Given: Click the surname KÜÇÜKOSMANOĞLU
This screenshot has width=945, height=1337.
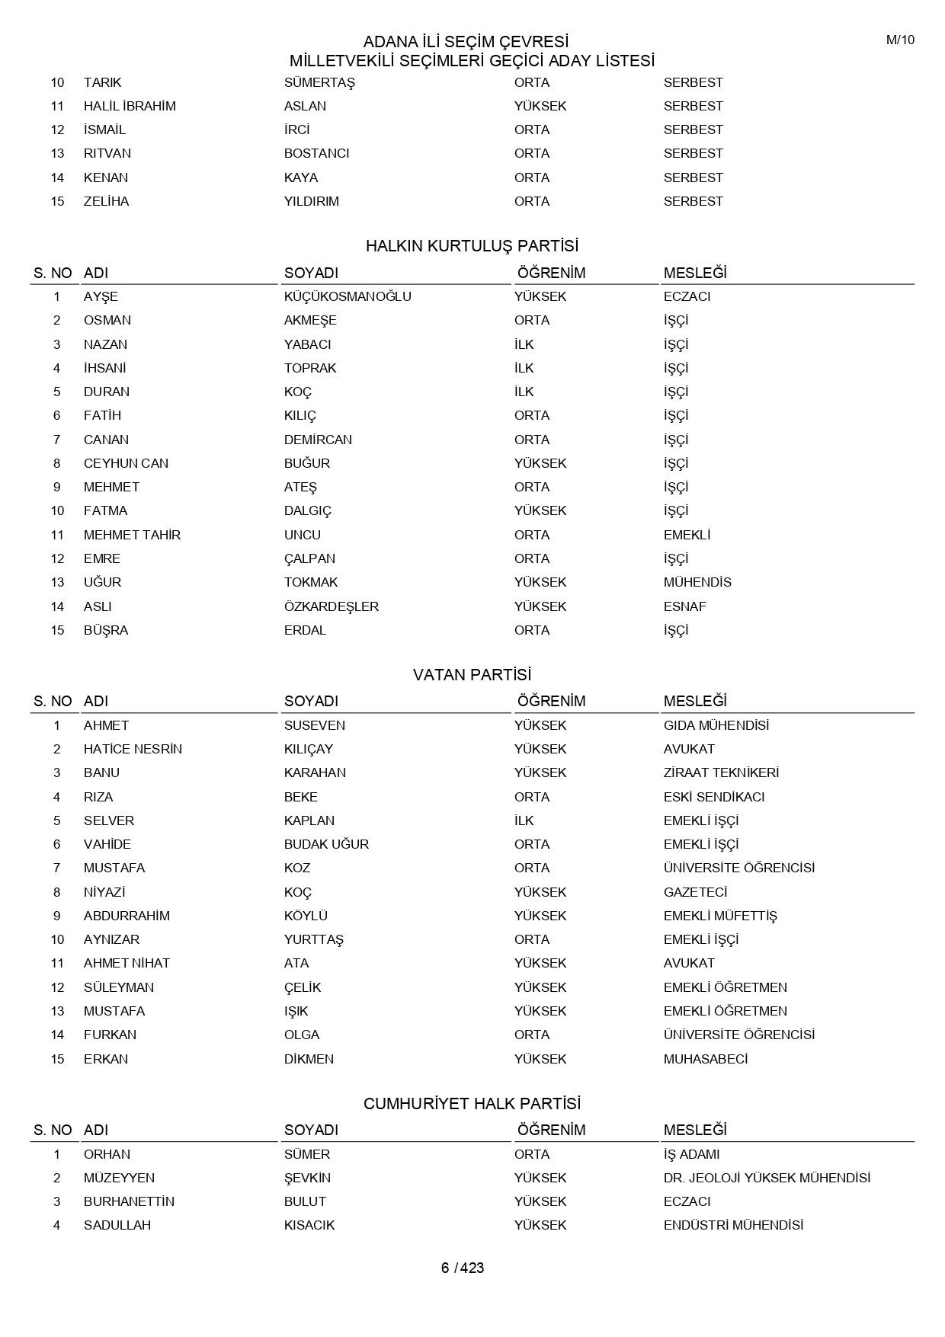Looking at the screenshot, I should click(x=348, y=296).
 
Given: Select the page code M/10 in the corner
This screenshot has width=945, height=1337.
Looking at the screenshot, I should click(x=900, y=40).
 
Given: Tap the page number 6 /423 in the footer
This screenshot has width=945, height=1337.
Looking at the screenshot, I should click(x=463, y=1268).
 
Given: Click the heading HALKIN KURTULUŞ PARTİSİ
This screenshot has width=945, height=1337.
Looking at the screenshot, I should click(x=472, y=246).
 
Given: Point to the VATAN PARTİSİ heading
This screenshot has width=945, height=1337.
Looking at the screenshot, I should click(x=472, y=675).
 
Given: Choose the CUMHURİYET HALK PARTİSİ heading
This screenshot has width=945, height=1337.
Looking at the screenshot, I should click(x=472, y=1104).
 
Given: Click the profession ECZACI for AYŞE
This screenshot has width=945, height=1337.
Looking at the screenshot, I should click(x=687, y=296).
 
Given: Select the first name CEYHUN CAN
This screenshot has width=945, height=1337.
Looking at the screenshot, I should click(x=126, y=463).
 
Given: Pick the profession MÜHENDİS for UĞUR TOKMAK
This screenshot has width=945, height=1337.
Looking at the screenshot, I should click(x=697, y=582).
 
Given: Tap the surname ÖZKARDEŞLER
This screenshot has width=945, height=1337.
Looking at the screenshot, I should click(x=332, y=606).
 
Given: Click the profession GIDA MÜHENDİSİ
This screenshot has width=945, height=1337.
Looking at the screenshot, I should click(x=716, y=725).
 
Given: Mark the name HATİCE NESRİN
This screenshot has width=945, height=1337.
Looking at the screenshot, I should click(x=133, y=749).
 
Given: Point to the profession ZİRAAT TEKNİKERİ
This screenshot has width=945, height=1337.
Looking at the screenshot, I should click(x=721, y=772).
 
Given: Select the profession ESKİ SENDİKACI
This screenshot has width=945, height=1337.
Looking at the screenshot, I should click(x=714, y=797).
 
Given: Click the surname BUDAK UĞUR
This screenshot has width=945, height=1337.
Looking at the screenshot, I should click(x=326, y=844).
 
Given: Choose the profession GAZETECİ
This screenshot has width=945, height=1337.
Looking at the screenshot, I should click(x=695, y=892).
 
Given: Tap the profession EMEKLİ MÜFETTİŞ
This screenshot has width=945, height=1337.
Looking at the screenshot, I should click(x=720, y=916).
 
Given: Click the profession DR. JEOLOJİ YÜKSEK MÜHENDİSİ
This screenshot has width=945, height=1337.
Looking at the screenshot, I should click(x=767, y=1178).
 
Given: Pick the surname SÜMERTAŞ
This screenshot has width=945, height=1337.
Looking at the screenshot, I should click(x=320, y=82).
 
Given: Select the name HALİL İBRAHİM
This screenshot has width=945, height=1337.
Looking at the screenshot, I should click(x=130, y=106).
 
